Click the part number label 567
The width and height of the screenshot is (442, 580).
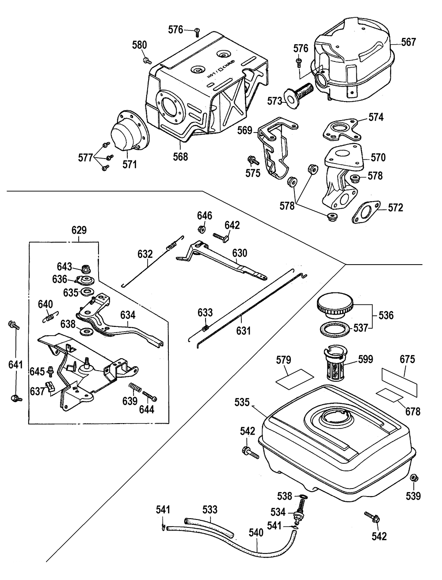408,42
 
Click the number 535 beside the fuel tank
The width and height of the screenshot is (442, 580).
242,402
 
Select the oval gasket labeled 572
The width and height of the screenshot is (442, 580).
366,212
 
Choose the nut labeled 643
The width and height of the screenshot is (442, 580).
86,269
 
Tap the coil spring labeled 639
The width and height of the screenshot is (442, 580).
135,387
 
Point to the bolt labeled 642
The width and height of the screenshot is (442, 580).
221,237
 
